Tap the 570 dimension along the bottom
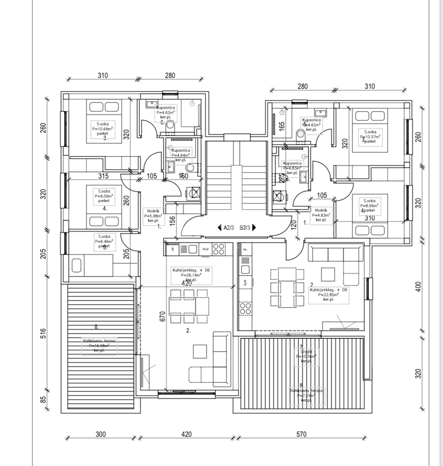point(302,434)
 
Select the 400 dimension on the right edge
point(418,287)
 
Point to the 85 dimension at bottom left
point(43,400)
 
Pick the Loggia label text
point(306,351)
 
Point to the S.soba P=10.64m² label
point(103,129)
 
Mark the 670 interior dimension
point(163,317)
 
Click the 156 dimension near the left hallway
point(172,220)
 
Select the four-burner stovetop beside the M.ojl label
point(218,249)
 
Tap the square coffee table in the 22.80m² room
point(328,274)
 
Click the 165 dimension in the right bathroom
point(282,126)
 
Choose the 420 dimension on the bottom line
point(186,434)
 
